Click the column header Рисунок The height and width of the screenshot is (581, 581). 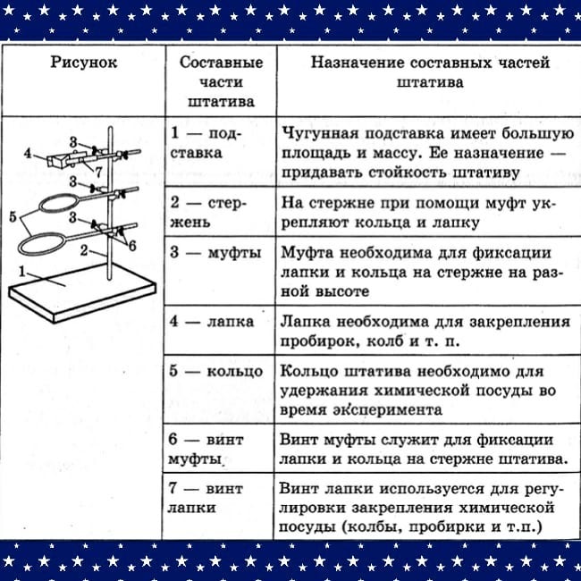coord(84,63)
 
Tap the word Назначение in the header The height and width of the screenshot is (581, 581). coord(358,63)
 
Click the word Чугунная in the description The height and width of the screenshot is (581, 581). coord(320,133)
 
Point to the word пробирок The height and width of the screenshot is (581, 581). coord(319,341)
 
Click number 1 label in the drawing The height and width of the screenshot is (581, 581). coord(22,272)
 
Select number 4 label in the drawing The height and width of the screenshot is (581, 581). coord(28,153)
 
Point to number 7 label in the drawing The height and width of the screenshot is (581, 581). coord(98,173)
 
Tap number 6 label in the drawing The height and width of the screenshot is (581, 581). coord(132,245)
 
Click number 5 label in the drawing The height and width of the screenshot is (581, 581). coord(13,217)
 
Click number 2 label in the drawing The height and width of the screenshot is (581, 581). coord(84,251)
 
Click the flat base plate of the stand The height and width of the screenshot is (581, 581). coord(82,292)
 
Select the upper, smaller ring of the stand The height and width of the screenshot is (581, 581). coord(40,205)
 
